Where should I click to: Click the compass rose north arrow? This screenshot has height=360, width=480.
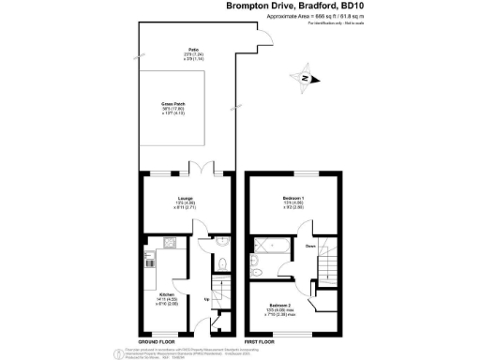tap(303, 79)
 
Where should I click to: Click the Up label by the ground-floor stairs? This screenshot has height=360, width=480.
tap(206, 300)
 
